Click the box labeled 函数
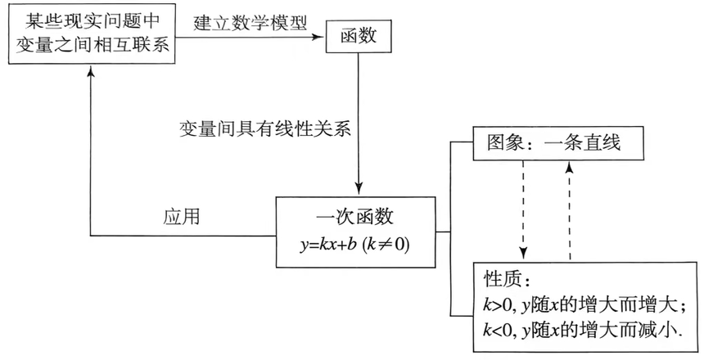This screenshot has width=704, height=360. [x=359, y=36]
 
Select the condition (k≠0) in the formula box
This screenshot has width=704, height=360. [x=384, y=245]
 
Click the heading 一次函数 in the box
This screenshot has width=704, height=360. [x=354, y=218]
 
